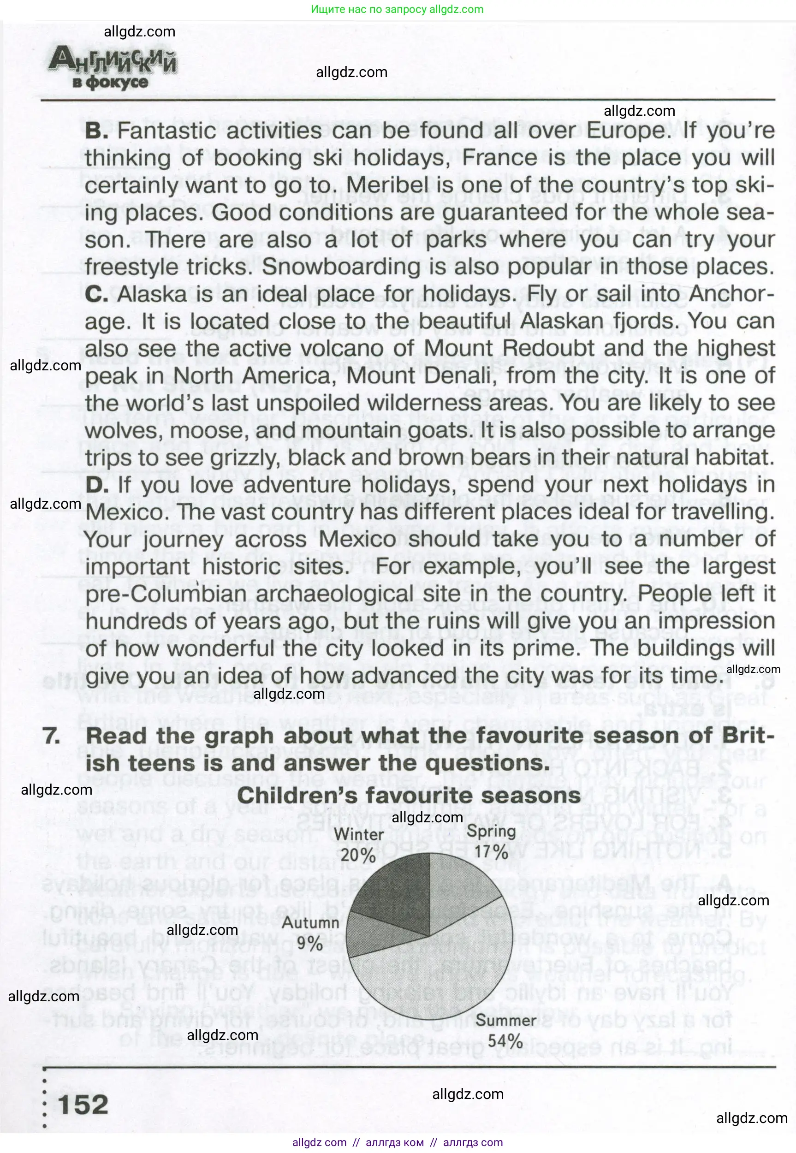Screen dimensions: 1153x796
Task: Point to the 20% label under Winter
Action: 358,855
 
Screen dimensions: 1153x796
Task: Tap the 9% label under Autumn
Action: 310,944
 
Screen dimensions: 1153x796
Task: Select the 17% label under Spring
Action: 491,851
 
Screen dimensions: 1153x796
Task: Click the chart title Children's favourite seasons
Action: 409,796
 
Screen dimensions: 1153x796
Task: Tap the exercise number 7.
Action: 51,736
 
